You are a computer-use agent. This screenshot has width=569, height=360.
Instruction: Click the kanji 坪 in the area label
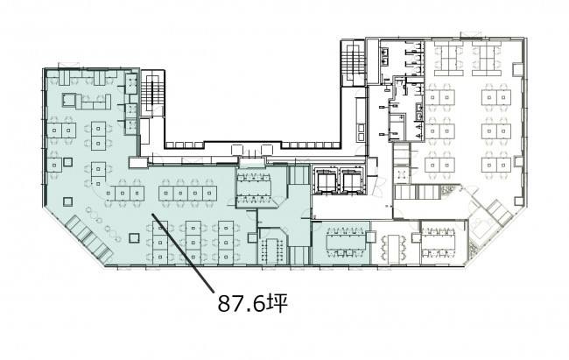click(277, 304)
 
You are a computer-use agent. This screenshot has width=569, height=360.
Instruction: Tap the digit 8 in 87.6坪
click(225, 304)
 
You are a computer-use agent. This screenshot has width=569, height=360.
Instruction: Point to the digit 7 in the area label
click(239, 304)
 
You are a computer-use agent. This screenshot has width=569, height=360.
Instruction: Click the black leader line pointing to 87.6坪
click(182, 252)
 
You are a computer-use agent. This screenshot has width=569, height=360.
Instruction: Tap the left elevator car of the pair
click(325, 180)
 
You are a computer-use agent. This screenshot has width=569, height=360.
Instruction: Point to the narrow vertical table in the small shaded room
click(271, 250)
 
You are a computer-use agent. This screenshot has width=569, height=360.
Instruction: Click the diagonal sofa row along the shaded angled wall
click(88, 239)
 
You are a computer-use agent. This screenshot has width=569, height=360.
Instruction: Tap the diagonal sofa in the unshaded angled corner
click(499, 212)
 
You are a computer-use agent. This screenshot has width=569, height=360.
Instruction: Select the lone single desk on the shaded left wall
click(54, 166)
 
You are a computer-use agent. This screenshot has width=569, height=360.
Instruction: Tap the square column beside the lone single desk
click(67, 162)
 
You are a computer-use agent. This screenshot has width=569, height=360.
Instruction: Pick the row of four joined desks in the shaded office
click(187, 194)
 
